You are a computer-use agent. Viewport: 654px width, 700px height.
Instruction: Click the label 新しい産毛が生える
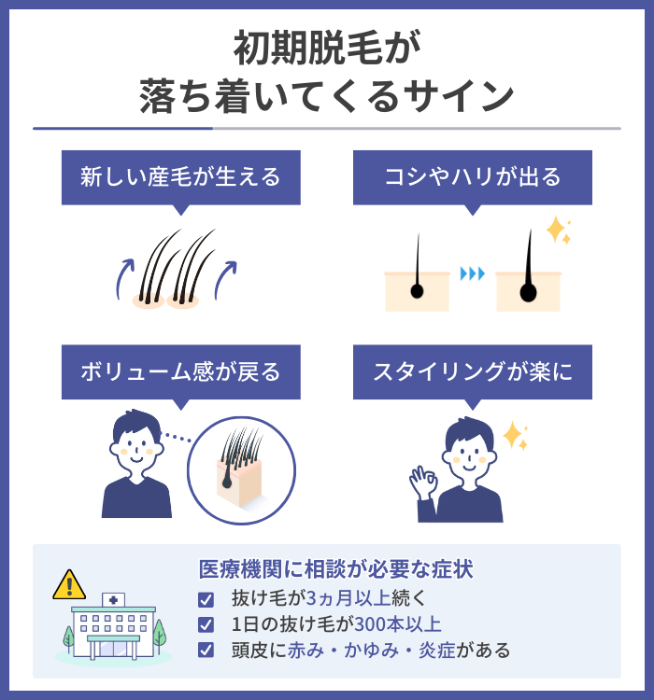[x=181, y=177]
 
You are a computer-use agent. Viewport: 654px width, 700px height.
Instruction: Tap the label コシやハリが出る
[x=473, y=177]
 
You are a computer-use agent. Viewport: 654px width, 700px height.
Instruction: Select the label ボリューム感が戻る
[x=181, y=372]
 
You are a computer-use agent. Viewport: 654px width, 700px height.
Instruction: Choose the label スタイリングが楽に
[x=473, y=372]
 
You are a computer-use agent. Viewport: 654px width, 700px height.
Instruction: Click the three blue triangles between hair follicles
[x=473, y=273]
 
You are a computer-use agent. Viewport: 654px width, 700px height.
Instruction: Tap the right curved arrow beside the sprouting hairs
[x=225, y=277]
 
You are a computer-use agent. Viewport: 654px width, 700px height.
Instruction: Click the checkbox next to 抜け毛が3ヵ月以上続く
[x=206, y=599]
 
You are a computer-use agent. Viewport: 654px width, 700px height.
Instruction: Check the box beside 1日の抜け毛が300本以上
[x=206, y=624]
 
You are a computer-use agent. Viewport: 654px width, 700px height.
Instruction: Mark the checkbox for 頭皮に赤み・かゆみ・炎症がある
[x=206, y=650]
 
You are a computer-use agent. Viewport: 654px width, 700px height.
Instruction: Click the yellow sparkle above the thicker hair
[x=558, y=231]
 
